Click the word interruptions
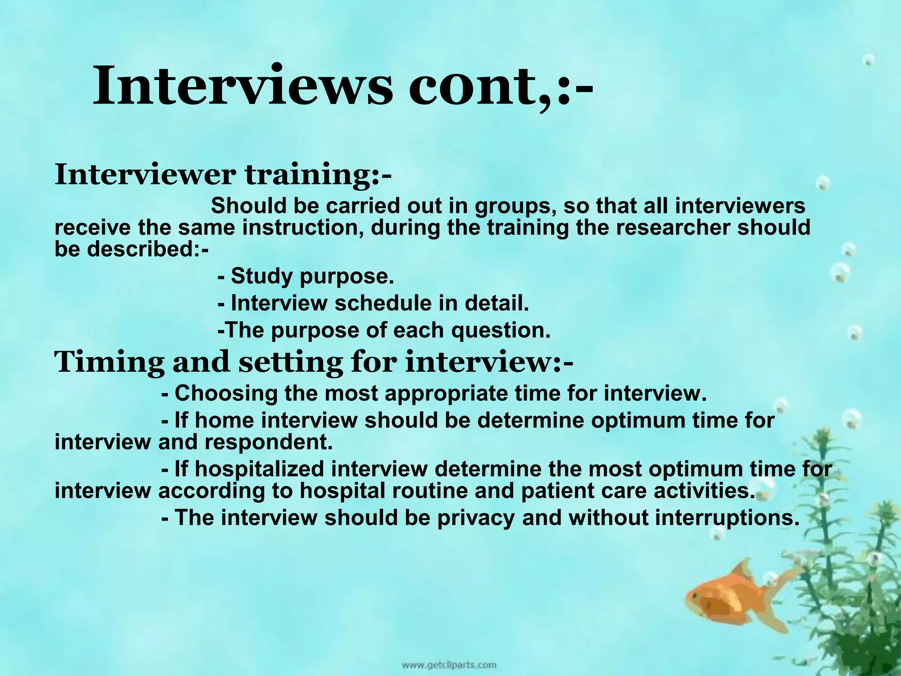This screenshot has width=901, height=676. pos(726,518)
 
